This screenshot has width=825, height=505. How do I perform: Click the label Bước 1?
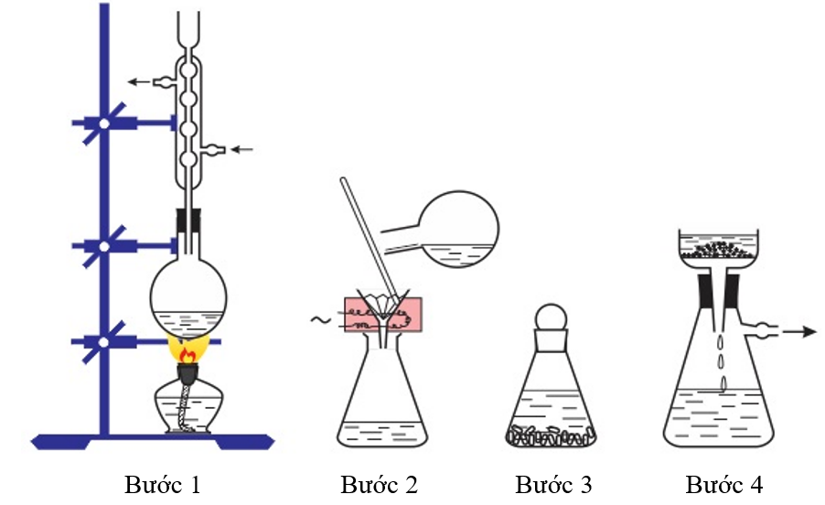tap(162, 484)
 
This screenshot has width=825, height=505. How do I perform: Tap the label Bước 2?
tap(379, 484)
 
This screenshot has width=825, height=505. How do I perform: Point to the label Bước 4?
tap(723, 484)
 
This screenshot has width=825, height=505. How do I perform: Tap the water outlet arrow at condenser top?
tap(141, 82)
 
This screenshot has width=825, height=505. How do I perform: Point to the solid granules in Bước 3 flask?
tap(552, 436)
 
